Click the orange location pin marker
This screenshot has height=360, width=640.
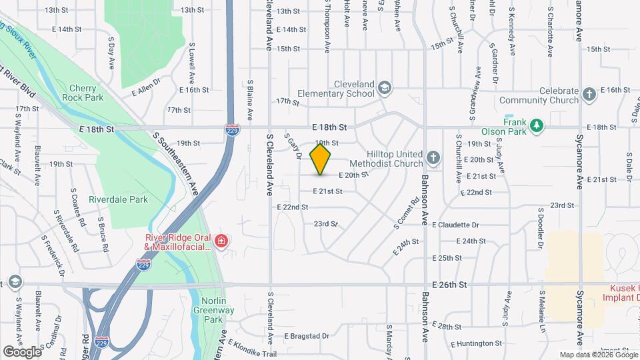(x=321, y=159)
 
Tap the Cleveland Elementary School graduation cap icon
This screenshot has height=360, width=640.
(x=385, y=87)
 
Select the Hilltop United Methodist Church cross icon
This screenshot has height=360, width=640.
(x=433, y=158)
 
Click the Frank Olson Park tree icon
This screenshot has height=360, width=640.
(x=536, y=125)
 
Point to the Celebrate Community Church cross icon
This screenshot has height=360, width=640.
(x=589, y=95)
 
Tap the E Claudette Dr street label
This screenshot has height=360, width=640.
(x=455, y=225)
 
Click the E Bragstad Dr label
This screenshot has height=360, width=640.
(x=307, y=336)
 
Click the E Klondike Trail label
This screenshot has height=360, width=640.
(x=251, y=349)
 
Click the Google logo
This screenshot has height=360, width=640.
(x=22, y=351)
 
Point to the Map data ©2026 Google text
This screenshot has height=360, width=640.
(x=598, y=355)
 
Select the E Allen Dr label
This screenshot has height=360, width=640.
(x=147, y=84)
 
